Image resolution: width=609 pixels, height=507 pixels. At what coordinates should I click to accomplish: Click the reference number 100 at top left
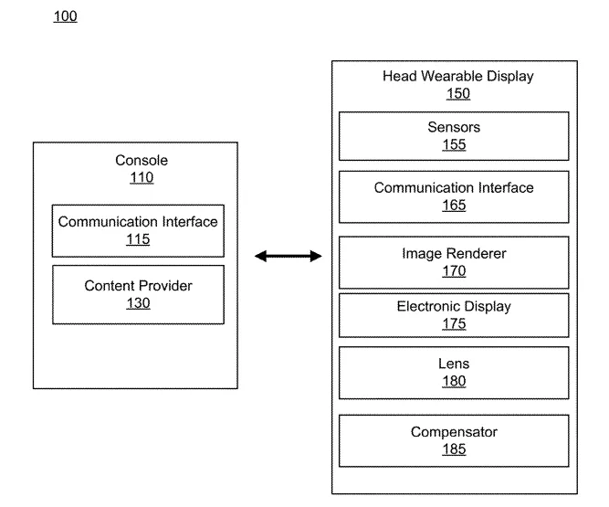point(65,16)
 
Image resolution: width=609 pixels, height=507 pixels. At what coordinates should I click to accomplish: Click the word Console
point(142,160)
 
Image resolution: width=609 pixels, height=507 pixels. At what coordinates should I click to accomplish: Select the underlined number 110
point(142,177)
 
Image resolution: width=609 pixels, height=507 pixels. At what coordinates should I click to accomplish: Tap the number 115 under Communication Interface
point(138,239)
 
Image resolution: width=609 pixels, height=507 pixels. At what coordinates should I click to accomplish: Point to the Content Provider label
point(138,286)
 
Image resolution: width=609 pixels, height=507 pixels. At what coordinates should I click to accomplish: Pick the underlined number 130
point(138,303)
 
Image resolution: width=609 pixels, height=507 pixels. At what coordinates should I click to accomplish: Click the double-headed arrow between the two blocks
point(289,256)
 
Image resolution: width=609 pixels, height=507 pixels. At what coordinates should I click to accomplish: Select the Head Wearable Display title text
point(458,76)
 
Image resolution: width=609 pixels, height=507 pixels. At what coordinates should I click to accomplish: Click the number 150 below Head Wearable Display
point(458,93)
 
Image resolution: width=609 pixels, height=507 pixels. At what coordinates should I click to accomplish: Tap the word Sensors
point(454,127)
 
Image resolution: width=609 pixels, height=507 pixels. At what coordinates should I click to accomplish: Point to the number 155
point(454,144)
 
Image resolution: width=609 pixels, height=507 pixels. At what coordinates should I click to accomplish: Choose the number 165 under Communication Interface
point(454,206)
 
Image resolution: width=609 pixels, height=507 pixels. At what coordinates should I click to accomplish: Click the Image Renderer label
point(454,253)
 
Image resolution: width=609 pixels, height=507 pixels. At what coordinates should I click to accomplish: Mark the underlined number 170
point(454,270)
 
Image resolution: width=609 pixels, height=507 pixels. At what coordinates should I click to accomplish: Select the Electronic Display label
point(454,307)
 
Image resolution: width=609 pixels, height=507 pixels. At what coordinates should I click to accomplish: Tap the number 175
point(454,323)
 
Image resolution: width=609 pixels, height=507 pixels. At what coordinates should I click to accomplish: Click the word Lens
point(454,364)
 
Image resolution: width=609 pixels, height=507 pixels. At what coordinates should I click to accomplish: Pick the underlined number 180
point(454,381)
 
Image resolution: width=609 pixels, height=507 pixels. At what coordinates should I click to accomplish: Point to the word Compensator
point(454,432)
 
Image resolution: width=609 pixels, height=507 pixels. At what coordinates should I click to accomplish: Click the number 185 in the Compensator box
point(454,449)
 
